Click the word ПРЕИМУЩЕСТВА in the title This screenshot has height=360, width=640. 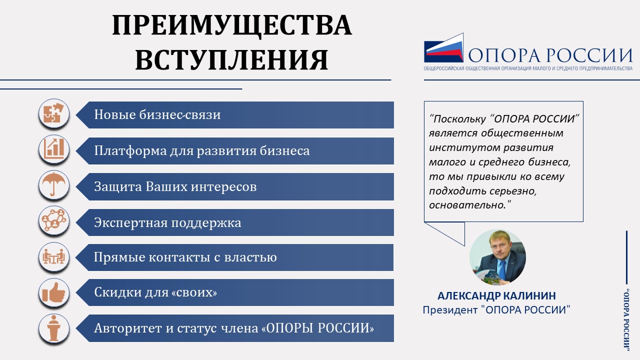pyautogui.click(x=231, y=25)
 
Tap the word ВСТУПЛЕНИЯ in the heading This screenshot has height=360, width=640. pyautogui.click(x=231, y=59)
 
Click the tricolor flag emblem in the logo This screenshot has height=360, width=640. pyautogui.click(x=443, y=47)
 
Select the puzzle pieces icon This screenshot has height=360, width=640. pyautogui.click(x=54, y=113)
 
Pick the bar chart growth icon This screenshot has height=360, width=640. pyautogui.click(x=54, y=149)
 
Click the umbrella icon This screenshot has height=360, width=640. pyautogui.click(x=54, y=185)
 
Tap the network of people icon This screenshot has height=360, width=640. pyautogui.click(x=54, y=221)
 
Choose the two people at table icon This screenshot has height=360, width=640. pyautogui.click(x=54, y=257)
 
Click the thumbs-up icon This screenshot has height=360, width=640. pyautogui.click(x=54, y=292)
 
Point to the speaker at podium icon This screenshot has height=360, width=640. pyautogui.click(x=54, y=328)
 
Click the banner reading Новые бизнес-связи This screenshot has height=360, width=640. pyautogui.click(x=235, y=115)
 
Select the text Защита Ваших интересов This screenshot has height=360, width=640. pyautogui.click(x=175, y=187)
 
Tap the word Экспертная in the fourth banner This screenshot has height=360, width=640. pyautogui.click(x=131, y=223)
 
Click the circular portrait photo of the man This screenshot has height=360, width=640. pyautogui.click(x=497, y=257)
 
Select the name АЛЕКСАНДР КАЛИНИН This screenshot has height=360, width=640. pyautogui.click(x=497, y=295)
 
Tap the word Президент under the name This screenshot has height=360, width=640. pyautogui.click(x=450, y=310)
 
